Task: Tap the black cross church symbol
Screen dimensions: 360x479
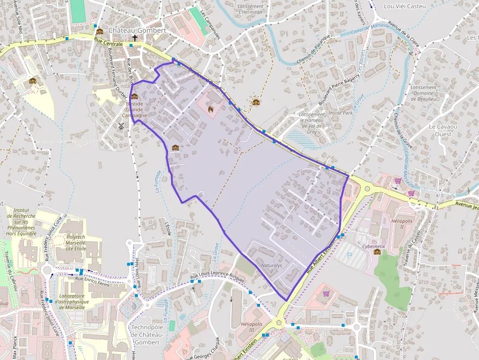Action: pos(135,38)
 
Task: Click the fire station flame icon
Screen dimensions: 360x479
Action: pos(211,108)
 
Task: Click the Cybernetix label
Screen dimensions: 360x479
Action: pos(373,247)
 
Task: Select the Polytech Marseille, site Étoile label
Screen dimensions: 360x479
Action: pos(75,243)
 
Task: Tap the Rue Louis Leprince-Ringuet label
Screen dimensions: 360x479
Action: pos(217,277)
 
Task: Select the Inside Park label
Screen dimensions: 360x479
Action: pos(341,113)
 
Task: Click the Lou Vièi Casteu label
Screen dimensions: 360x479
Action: pos(405,6)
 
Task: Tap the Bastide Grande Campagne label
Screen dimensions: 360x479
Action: pos(134,109)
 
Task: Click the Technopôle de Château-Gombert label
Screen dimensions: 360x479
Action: pos(146,335)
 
